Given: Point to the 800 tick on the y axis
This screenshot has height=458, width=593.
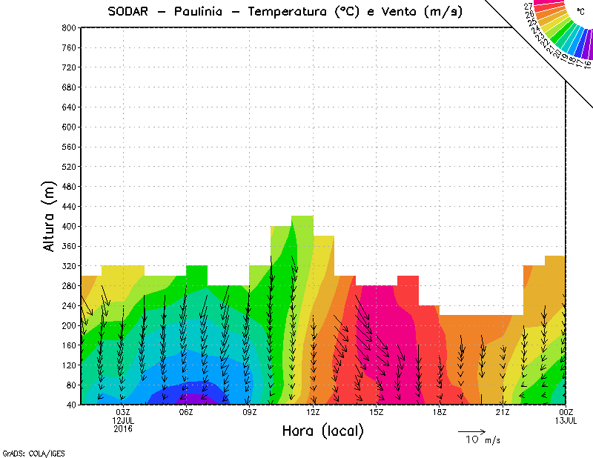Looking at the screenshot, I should click(67, 27).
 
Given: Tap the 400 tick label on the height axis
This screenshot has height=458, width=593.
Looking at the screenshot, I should click(67, 226).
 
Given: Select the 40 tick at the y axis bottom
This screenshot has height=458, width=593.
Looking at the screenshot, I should click(70, 405).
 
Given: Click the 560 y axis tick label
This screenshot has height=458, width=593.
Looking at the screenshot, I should click(67, 147).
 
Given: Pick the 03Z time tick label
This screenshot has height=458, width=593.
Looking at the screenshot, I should click(123, 412).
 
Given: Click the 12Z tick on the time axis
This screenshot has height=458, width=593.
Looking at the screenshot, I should click(313, 412).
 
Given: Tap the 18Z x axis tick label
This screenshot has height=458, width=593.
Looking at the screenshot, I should click(440, 412).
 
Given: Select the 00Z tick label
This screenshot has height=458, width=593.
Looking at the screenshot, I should click(566, 412).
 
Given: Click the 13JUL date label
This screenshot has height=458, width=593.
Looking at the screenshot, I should click(566, 420).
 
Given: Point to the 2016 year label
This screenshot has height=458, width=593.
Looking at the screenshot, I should click(123, 428).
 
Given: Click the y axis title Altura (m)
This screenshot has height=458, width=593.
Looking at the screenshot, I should click(50, 216).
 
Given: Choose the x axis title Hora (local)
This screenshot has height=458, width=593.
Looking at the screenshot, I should click(322, 431).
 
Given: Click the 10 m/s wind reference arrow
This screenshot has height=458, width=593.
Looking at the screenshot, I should click(471, 431).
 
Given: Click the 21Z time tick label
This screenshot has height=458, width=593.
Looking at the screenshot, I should click(503, 412).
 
